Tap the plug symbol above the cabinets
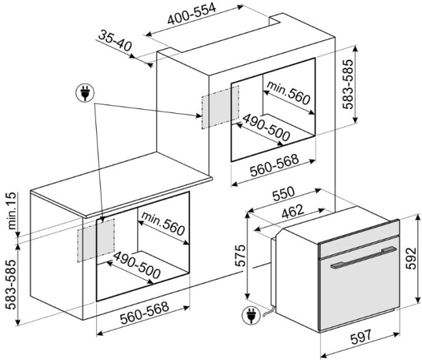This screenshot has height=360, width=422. click(x=84, y=94)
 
